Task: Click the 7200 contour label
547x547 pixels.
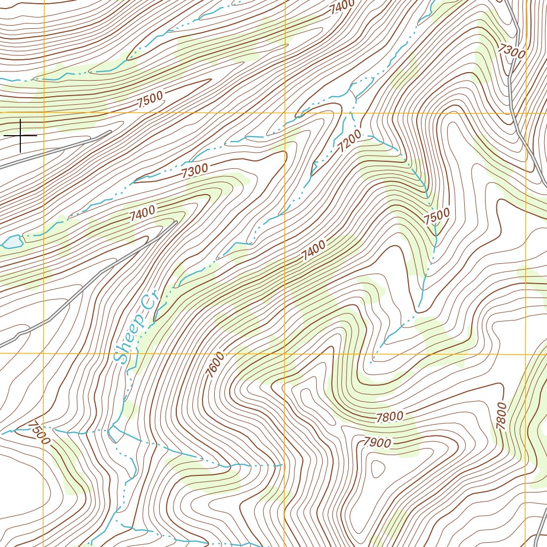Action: click(x=350, y=140)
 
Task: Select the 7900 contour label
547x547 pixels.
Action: click(x=377, y=442)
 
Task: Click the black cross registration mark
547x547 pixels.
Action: click(x=20, y=136)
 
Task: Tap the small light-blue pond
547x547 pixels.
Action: click(x=11, y=242)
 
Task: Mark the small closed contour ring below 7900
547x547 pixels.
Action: click(x=377, y=470)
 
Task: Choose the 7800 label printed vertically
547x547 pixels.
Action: click(x=501, y=416)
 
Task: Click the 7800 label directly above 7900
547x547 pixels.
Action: click(x=389, y=417)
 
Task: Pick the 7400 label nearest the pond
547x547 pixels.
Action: click(x=142, y=213)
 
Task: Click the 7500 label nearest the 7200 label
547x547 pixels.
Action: click(x=436, y=216)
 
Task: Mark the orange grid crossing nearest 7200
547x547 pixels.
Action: click(x=285, y=113)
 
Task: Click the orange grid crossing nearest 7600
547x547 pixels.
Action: click(x=285, y=353)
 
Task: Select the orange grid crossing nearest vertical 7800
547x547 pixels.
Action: click(x=526, y=353)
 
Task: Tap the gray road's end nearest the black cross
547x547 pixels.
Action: click(x=110, y=131)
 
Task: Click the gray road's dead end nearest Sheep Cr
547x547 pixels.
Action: click(x=176, y=222)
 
